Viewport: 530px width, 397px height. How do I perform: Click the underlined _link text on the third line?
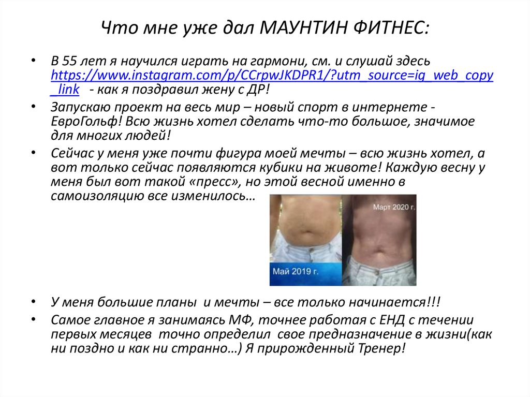point(65,89)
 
